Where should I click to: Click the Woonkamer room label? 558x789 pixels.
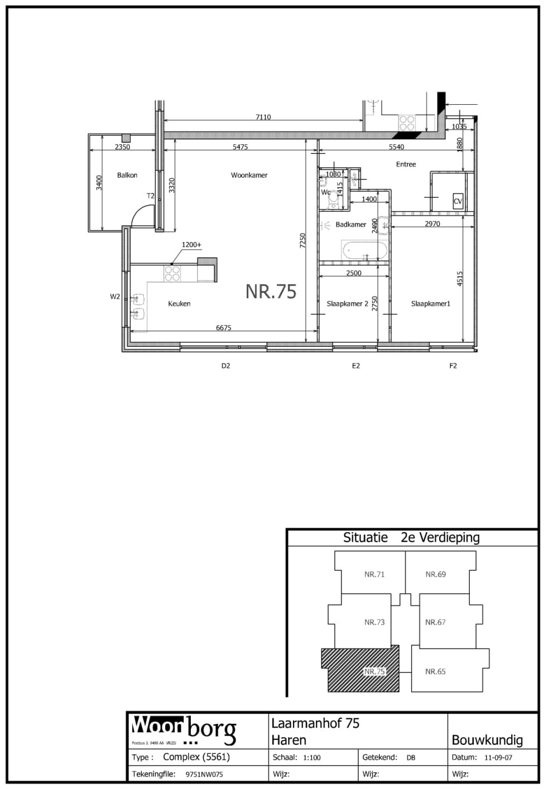pos(249,175)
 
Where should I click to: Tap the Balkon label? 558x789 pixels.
pos(127,175)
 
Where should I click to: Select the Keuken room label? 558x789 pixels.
pos(179,304)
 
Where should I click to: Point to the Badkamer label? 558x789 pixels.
pos(350,225)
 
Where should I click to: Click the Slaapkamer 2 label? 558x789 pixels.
pos(347,304)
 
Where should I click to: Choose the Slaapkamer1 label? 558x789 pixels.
pos(430,304)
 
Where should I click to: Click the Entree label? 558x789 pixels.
pos(406,164)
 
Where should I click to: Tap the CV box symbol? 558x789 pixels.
pos(458,201)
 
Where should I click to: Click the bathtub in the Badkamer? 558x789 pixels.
pos(364,251)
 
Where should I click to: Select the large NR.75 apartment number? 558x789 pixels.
pos(271,292)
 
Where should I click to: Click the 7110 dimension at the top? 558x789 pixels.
pos(263,117)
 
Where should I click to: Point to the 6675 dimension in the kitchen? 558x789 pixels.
pos(223,328)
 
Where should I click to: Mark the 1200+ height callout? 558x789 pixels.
pos(191,245)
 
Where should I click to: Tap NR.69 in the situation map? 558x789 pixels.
pos(435,574)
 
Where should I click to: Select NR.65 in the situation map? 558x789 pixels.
pos(435,672)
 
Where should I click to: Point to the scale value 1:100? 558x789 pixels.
pos(311,758)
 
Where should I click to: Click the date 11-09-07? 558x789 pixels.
pos(498,758)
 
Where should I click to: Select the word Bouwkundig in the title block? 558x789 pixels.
pos(487,740)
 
